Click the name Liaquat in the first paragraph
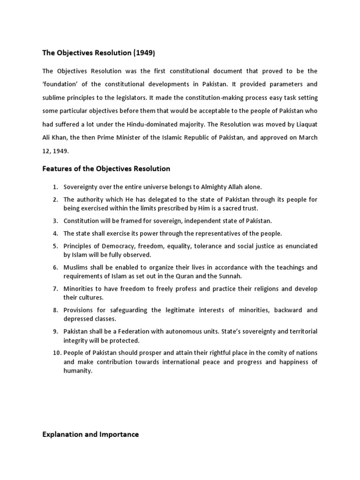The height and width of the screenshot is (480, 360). point(306,124)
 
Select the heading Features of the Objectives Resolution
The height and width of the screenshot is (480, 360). point(106,168)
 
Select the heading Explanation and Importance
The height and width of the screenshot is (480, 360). point(90,435)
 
